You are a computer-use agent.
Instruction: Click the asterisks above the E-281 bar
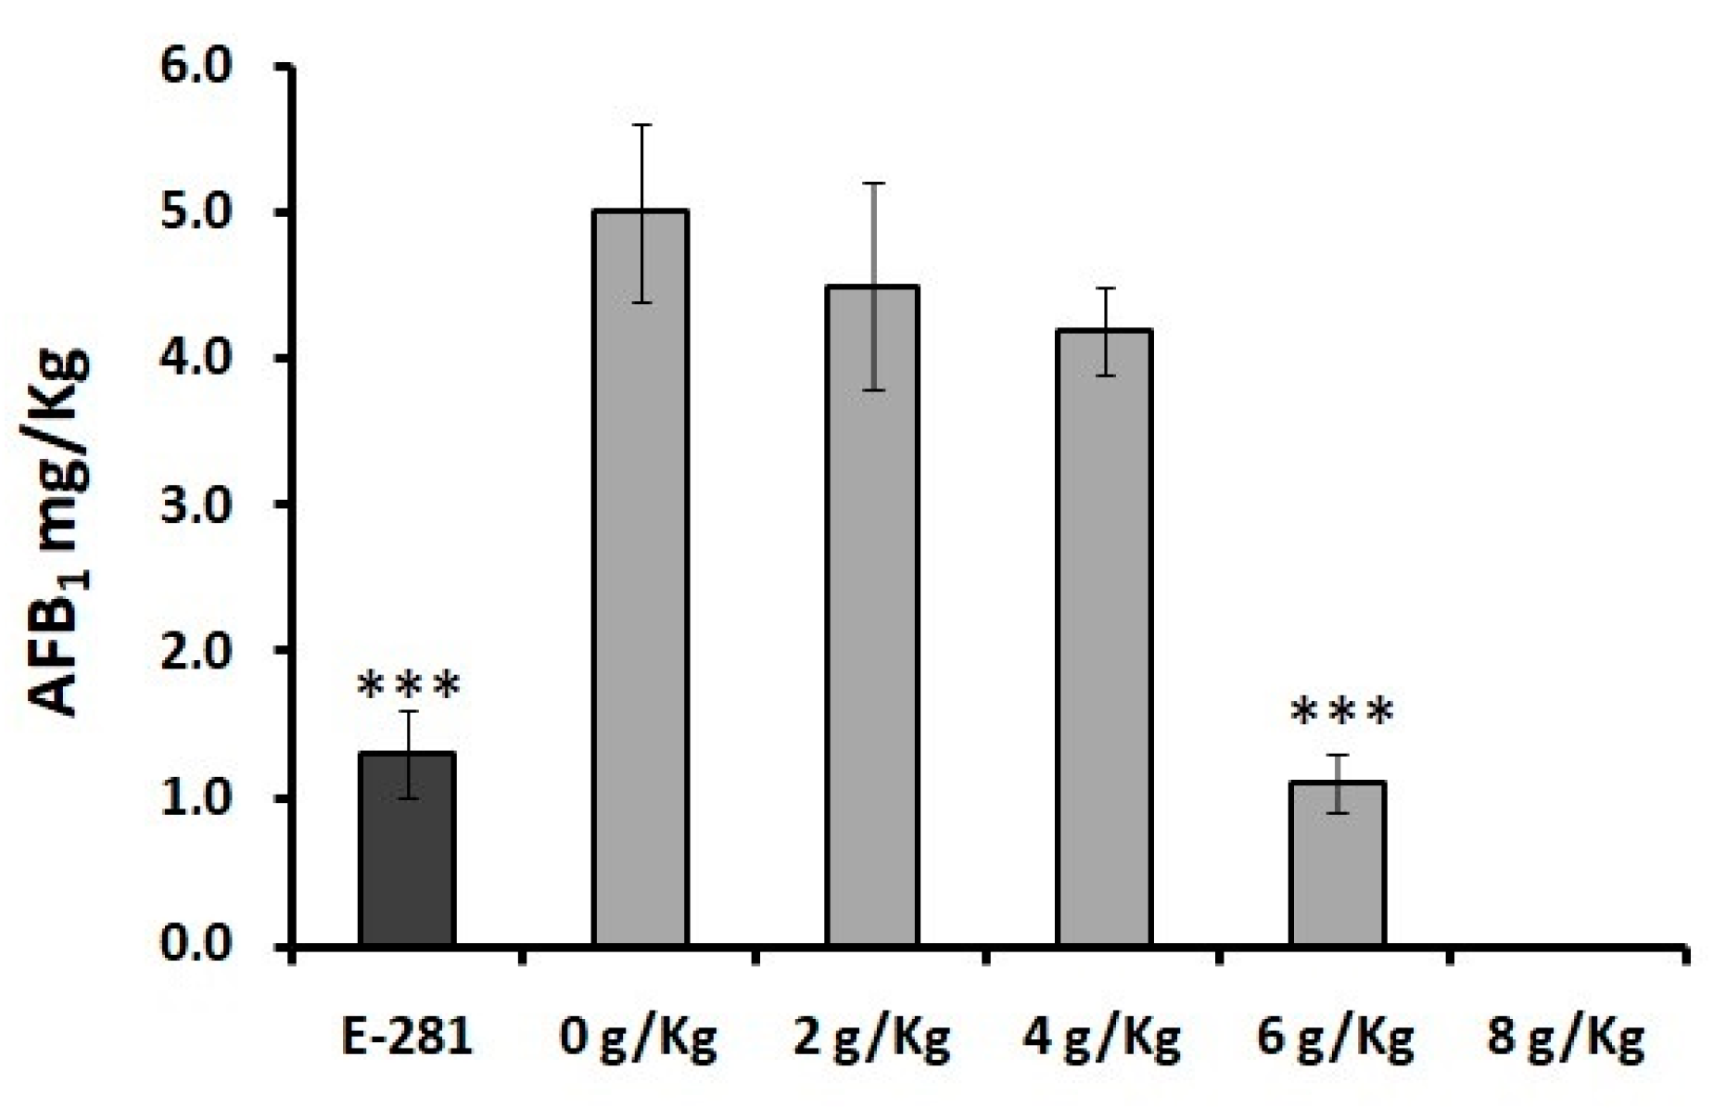coord(408,687)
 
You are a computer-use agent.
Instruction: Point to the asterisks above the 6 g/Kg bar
coord(1341,712)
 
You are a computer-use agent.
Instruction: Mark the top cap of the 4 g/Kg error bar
coord(1105,288)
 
